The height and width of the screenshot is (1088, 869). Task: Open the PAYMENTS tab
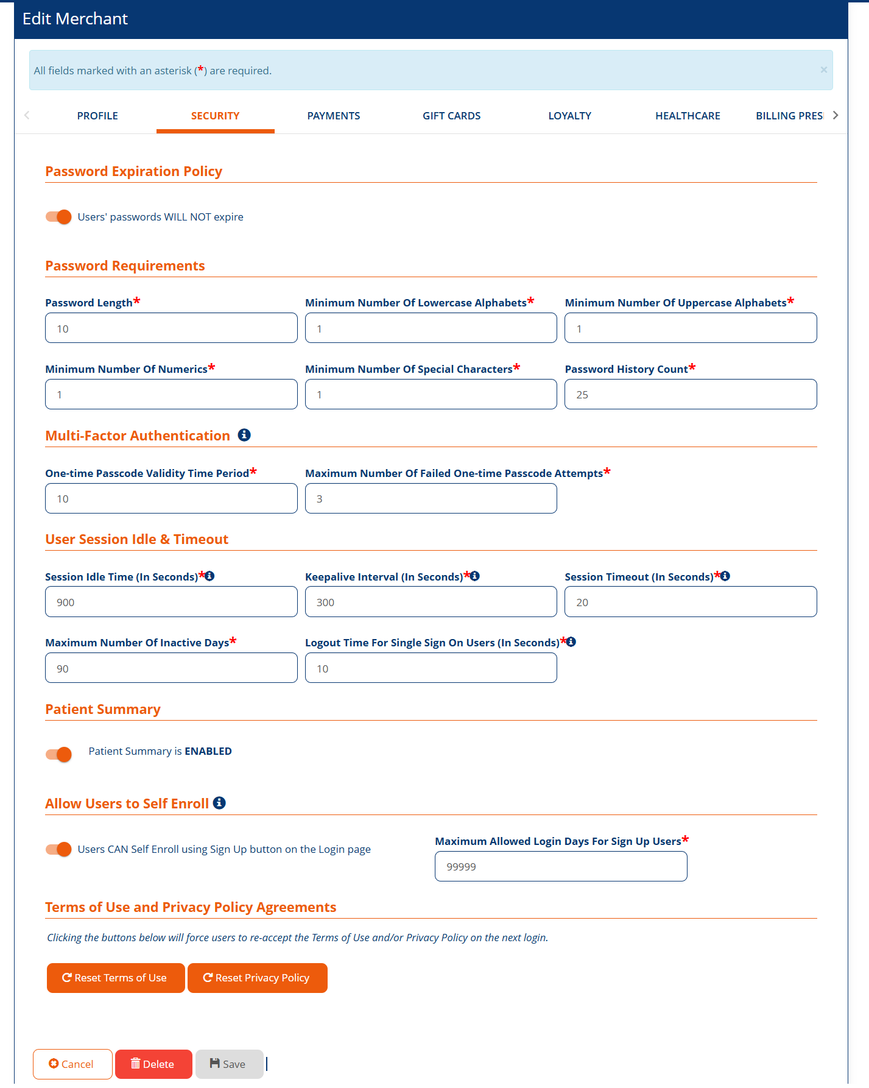(x=333, y=116)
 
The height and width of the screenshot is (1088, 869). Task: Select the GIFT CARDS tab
(x=451, y=116)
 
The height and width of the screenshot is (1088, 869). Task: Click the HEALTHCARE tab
(x=688, y=116)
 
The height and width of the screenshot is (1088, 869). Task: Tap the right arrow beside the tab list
(x=836, y=115)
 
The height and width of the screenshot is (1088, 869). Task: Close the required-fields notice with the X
(x=823, y=70)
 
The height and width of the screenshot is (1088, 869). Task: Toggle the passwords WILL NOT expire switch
(x=59, y=217)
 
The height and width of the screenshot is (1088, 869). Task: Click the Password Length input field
(x=171, y=328)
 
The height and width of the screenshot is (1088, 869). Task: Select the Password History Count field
(x=691, y=395)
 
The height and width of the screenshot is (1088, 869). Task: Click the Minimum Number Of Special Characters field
(x=431, y=395)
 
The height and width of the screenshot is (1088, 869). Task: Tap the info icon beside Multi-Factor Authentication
(x=244, y=435)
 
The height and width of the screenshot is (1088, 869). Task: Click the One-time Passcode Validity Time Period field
(x=171, y=499)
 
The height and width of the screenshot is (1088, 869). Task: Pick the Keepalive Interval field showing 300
(x=431, y=602)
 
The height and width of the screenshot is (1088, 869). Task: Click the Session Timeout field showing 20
(x=691, y=602)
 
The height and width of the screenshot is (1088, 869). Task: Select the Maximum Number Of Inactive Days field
(x=171, y=668)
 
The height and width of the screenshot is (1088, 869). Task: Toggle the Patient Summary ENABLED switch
(x=59, y=754)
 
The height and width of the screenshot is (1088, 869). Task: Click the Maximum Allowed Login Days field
(x=561, y=867)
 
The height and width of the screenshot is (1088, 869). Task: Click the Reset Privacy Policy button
(x=257, y=978)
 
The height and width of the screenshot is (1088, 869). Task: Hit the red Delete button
(x=153, y=1064)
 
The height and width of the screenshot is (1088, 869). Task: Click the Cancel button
(x=72, y=1064)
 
